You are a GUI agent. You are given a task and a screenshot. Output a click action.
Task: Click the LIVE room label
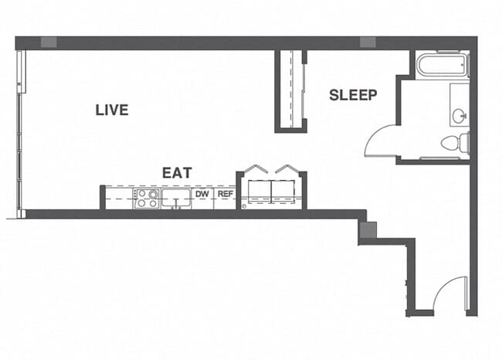[112, 110]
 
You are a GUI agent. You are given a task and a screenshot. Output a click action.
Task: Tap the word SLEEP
[353, 95]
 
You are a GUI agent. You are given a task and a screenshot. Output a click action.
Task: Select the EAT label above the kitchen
[177, 172]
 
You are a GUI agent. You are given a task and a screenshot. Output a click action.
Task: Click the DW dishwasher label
[202, 195]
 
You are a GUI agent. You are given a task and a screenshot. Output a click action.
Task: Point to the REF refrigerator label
[225, 195]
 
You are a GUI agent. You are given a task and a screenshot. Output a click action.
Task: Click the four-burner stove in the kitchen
[146, 199]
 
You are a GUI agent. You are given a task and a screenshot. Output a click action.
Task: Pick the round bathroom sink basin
[460, 117]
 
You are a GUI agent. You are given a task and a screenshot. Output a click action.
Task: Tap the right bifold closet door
[287, 169]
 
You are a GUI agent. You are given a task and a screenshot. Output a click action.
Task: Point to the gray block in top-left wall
[49, 42]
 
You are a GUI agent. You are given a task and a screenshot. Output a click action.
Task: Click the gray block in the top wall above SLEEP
[368, 42]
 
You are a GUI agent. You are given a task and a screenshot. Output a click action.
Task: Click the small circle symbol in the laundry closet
[244, 206]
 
